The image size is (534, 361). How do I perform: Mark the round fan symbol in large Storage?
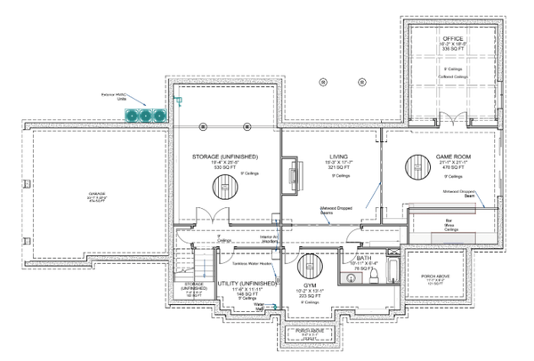(x=222, y=186)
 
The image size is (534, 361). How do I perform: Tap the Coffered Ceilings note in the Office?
(x=454, y=76)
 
